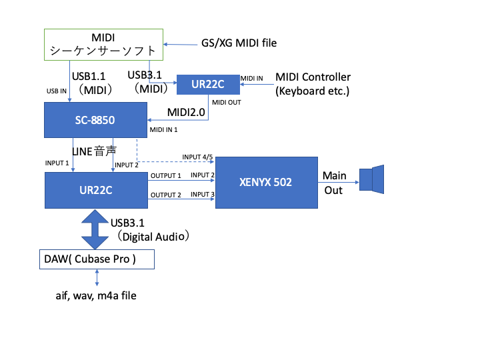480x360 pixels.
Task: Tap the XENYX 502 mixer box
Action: coord(265,181)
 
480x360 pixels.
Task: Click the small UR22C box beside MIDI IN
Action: coord(207,85)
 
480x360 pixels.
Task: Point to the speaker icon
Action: coord(372,180)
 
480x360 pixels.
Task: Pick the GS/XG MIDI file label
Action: coord(239,43)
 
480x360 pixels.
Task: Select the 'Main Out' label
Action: coord(334,183)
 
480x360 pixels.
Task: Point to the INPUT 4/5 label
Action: coord(197,157)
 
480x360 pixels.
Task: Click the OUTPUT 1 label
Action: coord(165,175)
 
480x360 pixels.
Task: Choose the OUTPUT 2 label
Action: coord(165,195)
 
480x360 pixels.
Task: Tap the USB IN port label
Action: coord(56,91)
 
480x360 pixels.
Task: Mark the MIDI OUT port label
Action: coord(226,102)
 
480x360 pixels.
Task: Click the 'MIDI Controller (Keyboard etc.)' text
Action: coord(312,84)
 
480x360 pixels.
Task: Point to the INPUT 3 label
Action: coord(202,195)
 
